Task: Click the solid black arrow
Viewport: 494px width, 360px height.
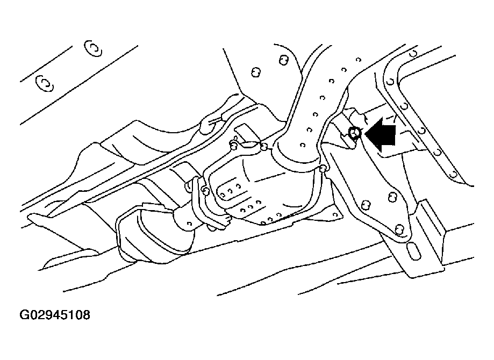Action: click(x=380, y=135)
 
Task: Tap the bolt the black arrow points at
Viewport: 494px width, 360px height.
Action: click(x=355, y=133)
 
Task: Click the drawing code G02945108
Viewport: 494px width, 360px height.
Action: click(x=55, y=315)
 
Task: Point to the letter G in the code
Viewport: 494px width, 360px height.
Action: click(x=24, y=315)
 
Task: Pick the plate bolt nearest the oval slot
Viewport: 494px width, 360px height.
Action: click(x=399, y=229)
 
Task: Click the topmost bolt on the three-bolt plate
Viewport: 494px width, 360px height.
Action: click(x=392, y=197)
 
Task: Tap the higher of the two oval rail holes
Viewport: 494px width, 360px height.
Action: click(x=93, y=48)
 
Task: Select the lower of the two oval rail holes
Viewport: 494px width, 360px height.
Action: click(x=45, y=83)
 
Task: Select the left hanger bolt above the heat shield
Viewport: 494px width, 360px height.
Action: click(x=233, y=145)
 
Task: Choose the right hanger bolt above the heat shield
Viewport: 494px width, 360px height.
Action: click(x=264, y=146)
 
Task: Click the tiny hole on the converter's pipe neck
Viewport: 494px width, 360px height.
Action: click(x=189, y=224)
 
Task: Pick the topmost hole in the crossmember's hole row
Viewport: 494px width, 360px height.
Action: click(x=358, y=60)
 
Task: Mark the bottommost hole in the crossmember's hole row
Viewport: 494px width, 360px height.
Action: click(x=303, y=145)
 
